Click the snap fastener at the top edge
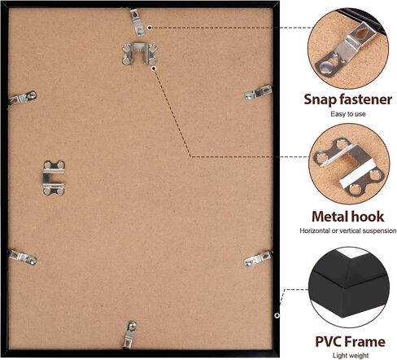click(x=137, y=22)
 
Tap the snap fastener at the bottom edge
click(x=129, y=335)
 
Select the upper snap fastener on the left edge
click(x=23, y=98)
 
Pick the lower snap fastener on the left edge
click(x=23, y=257)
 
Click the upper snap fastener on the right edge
click(x=259, y=93)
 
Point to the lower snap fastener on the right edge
click(x=259, y=258)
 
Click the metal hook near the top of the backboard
click(x=139, y=54)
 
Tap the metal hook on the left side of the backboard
click(x=54, y=178)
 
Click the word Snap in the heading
click(x=320, y=100)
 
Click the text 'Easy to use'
click(x=348, y=114)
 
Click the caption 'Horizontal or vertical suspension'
click(x=348, y=230)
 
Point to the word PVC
click(x=328, y=341)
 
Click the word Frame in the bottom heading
click(x=364, y=341)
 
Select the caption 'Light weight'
click(x=351, y=355)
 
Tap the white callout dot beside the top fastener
click(x=150, y=28)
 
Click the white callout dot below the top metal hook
click(x=154, y=68)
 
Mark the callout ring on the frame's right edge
click(x=277, y=315)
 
